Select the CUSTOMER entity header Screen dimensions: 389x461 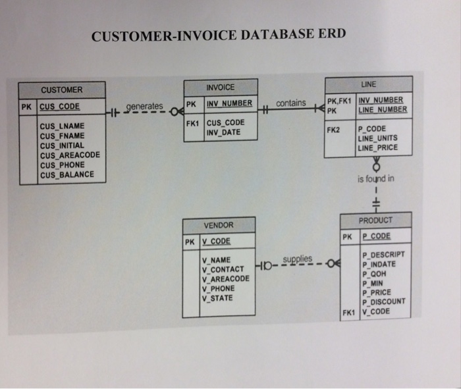[61, 90]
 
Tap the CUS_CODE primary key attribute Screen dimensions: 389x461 [60, 106]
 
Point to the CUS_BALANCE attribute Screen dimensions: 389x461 [67, 175]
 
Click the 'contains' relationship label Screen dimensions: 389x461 [290, 103]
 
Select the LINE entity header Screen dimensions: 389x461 [368, 84]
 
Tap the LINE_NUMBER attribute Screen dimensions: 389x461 [382, 109]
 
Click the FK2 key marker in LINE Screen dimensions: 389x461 [333, 130]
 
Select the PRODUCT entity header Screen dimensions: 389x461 [375, 220]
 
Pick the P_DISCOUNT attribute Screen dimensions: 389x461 [383, 301]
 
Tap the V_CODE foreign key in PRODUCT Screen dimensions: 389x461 [375, 311]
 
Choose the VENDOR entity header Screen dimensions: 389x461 [218, 225]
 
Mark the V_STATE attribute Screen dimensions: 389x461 [217, 298]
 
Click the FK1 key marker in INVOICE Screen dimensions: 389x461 [192, 122]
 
